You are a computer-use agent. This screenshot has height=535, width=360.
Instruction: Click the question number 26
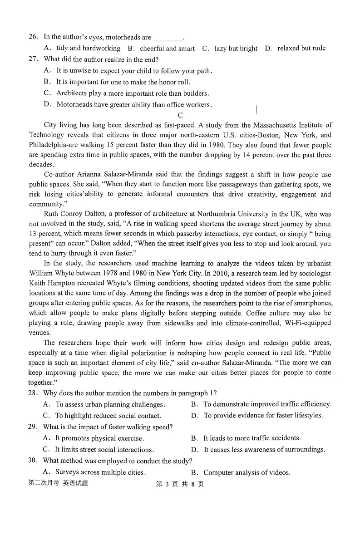click(33, 37)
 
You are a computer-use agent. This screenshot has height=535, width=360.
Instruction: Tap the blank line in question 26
click(168, 38)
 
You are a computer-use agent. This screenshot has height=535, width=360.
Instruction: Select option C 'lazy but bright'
click(235, 49)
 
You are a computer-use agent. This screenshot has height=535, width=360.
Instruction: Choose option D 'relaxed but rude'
click(301, 48)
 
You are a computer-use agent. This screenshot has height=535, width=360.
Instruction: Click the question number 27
click(33, 59)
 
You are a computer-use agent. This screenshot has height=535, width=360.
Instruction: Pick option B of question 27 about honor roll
click(123, 82)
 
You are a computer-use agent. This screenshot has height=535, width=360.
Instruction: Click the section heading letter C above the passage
click(180, 115)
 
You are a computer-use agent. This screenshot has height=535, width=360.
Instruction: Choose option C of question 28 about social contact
click(108, 416)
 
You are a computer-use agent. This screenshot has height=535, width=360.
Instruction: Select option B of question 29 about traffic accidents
click(252, 438)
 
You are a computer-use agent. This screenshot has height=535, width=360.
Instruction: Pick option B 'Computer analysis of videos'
click(247, 472)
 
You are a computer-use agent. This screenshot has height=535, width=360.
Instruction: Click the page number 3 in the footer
click(167, 484)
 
